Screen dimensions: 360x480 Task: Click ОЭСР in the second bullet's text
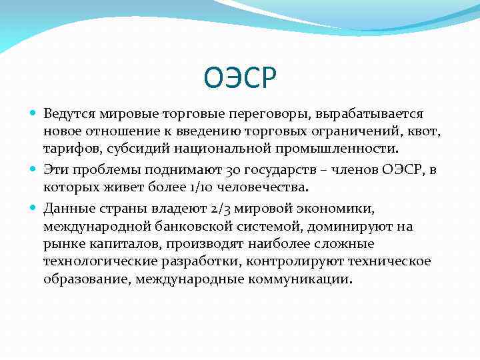tap(402, 170)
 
